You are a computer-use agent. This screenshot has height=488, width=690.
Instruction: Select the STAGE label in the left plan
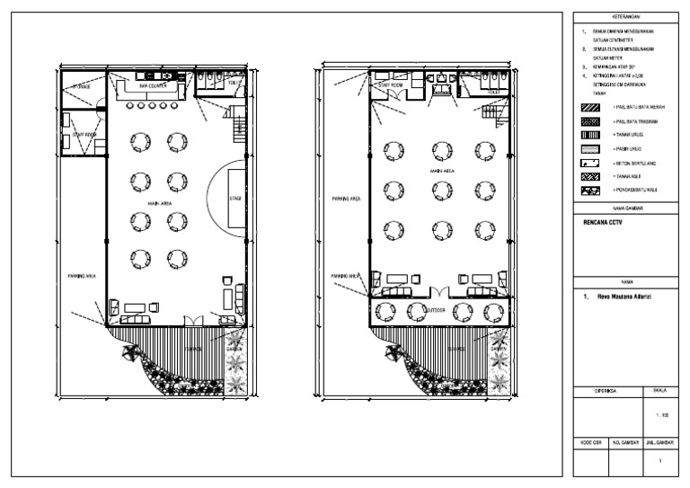(x=236, y=199)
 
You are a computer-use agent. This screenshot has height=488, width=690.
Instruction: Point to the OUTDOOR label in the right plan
(x=435, y=310)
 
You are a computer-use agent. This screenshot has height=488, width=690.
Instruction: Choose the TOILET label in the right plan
(x=494, y=92)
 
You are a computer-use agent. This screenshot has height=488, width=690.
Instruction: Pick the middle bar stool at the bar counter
(x=152, y=105)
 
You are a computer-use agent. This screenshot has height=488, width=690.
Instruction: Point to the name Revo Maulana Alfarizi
(x=619, y=295)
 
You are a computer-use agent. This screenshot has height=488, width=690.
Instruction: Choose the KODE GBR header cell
(x=588, y=444)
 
